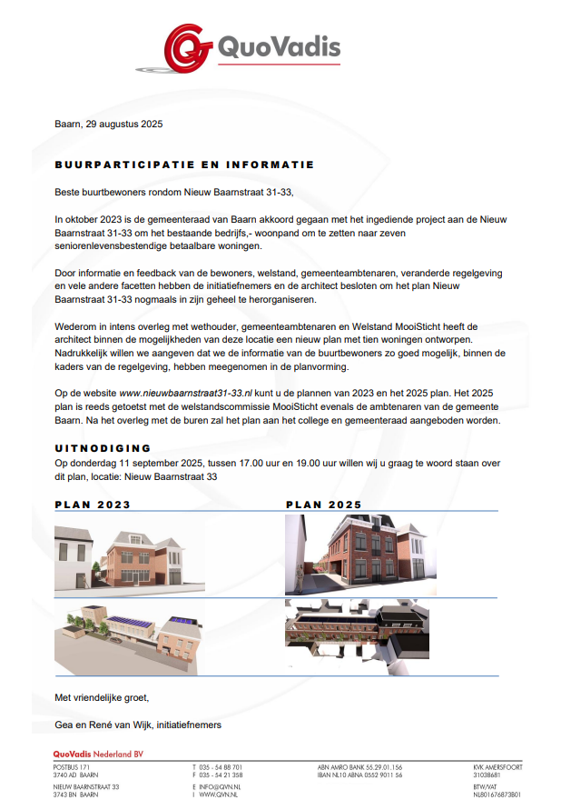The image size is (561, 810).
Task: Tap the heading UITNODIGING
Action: point(103,448)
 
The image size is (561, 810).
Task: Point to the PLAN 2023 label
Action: point(93,505)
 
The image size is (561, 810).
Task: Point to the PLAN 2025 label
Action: point(323,505)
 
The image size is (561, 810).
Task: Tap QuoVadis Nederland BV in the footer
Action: point(98,755)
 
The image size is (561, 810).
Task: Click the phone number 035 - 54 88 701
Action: point(221,767)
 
